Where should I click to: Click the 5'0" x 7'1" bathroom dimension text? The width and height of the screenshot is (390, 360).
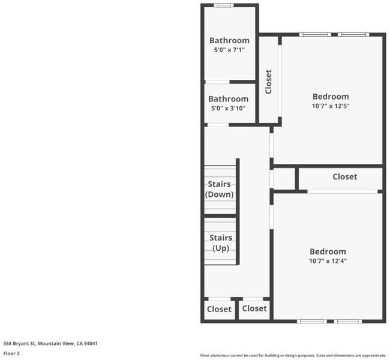229,50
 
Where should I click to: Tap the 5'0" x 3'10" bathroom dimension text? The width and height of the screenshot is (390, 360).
229,108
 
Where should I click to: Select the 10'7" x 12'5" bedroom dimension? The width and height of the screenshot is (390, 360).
331,106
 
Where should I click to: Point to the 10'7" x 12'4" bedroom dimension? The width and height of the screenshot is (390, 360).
328,261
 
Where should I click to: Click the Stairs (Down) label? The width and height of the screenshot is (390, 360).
220,189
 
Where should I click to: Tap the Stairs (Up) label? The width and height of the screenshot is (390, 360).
221,243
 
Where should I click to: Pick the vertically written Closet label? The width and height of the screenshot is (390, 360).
269,82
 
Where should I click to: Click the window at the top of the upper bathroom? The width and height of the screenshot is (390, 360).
224,5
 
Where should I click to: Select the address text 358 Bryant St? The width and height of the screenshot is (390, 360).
19,344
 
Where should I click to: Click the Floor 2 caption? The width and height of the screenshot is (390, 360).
11,353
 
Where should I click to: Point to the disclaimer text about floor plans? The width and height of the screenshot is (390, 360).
293,356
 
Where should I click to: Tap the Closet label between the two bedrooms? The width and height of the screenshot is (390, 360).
345,176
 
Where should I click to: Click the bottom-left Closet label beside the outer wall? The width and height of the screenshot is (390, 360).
219,309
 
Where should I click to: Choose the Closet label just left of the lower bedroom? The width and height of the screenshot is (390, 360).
254,308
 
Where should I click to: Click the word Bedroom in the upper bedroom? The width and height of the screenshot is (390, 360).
331,97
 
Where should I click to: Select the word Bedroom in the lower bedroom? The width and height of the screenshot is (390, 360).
328,251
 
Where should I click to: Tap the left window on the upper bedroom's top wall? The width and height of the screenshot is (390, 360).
315,35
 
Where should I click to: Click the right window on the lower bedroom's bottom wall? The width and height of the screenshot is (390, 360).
348,321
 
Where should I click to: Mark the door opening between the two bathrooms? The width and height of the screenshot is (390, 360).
217,82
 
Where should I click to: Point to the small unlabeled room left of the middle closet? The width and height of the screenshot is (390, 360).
284,179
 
